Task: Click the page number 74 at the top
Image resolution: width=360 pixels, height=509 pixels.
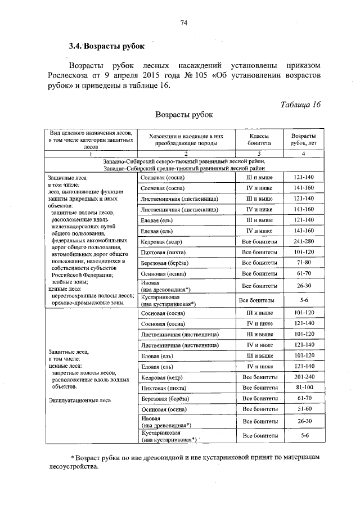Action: coord(183,22)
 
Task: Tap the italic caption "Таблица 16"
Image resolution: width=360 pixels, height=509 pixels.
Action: coord(299,105)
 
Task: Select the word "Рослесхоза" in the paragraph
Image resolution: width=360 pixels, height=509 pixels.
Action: coord(91,75)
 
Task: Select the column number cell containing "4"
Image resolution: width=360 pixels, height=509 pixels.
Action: coord(303,154)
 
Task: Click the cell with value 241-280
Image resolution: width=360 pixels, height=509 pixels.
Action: coord(303,241)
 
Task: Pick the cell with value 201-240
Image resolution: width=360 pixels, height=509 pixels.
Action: coord(303,377)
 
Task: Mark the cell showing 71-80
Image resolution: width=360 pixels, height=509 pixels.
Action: coord(303,263)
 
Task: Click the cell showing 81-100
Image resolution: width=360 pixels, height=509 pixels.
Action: coord(303,388)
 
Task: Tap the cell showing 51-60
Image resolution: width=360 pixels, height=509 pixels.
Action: coord(303,409)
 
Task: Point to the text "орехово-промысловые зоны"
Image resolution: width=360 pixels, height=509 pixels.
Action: coord(87,302)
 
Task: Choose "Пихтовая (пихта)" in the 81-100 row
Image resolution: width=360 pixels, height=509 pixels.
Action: coord(164,389)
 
